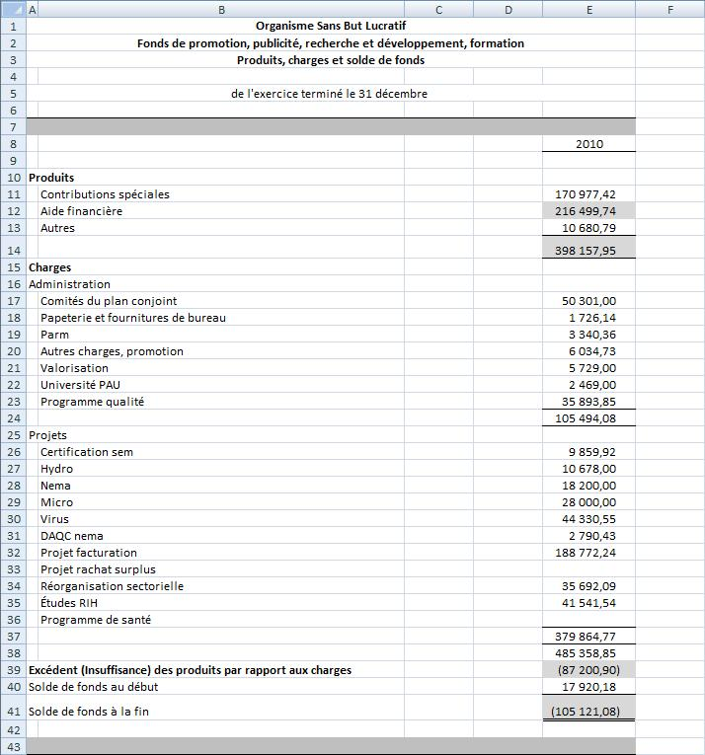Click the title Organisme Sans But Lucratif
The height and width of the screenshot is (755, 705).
click(330, 27)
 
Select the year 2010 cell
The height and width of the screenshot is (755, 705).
click(588, 144)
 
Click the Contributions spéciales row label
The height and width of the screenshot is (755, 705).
click(105, 194)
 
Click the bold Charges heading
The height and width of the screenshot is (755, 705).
click(50, 267)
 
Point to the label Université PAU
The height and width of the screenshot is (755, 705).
click(80, 385)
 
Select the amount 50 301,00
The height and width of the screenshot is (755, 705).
click(588, 301)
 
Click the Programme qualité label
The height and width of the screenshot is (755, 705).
click(92, 402)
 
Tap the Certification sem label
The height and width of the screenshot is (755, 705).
click(87, 452)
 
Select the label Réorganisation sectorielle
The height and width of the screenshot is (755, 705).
click(112, 586)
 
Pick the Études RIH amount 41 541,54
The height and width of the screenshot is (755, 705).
click(589, 603)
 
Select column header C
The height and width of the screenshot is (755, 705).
click(438, 10)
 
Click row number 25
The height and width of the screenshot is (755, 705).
click(13, 435)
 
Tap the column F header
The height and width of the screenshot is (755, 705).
click(669, 10)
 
